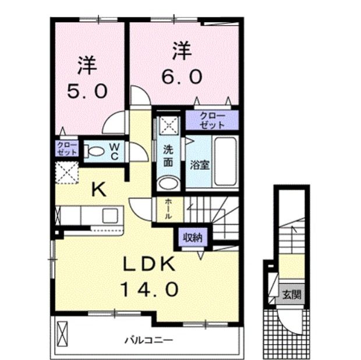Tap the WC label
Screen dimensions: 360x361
(114, 152)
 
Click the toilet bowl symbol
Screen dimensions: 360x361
(95, 153)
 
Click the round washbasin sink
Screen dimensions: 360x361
(169, 183)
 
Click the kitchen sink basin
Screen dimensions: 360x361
(111, 215)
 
